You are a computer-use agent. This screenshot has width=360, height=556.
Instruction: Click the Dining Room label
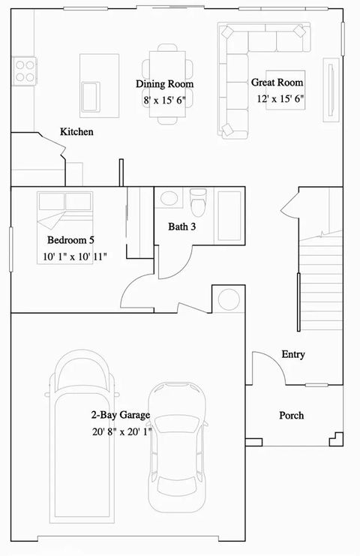point(164,84)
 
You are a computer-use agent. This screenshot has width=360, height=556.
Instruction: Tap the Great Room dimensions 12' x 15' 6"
point(277,98)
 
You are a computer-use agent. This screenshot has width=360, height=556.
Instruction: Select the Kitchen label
point(76,132)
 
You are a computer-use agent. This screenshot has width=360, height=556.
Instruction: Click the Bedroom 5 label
point(70,241)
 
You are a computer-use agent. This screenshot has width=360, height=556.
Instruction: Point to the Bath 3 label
point(182,226)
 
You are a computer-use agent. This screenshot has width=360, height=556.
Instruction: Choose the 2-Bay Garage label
point(121,415)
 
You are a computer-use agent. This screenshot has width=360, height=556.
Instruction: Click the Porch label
point(291,415)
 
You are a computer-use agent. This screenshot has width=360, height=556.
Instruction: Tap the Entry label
point(292,354)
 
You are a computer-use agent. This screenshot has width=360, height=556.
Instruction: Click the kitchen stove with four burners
point(25,71)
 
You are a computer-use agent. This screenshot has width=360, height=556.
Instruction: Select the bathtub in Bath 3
point(229,210)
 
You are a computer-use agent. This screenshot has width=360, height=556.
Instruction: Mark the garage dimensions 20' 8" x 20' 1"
point(121,431)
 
